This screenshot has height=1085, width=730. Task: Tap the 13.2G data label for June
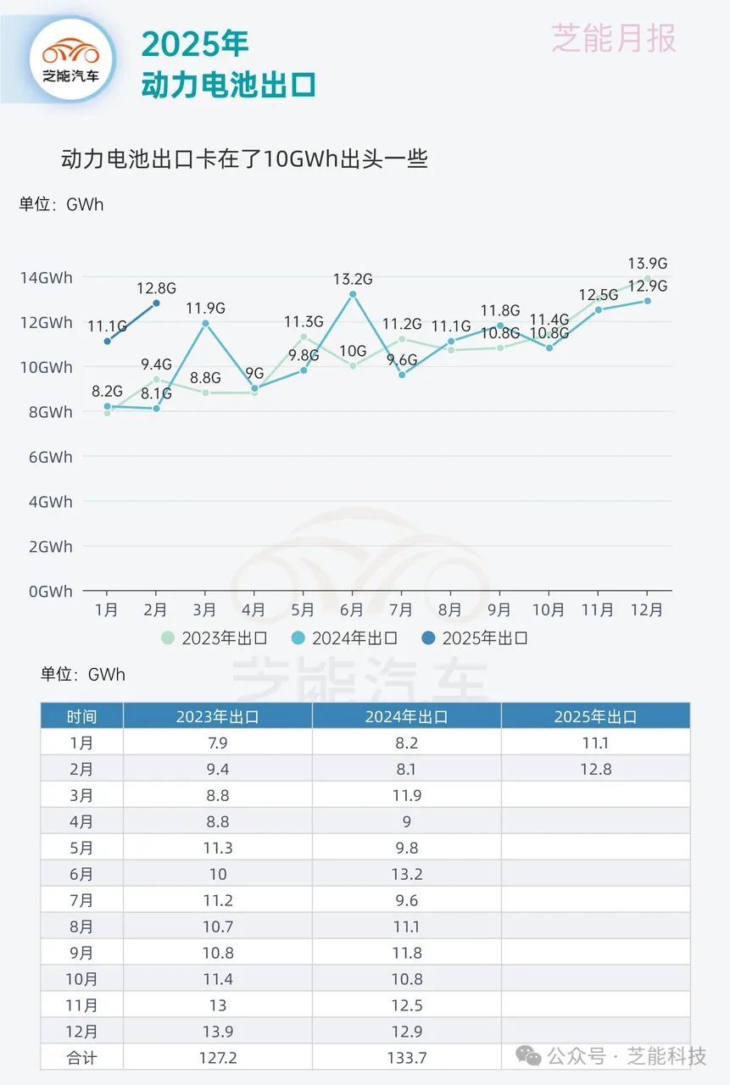click(x=353, y=279)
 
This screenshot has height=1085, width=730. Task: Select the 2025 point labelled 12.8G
click(x=156, y=303)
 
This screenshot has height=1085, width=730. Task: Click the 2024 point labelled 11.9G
click(x=205, y=323)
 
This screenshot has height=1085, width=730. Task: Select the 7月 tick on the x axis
click(x=401, y=609)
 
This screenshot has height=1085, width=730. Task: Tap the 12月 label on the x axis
click(x=647, y=609)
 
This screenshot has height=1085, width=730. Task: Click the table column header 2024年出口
click(x=406, y=716)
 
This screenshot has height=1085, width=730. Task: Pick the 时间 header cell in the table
click(x=82, y=716)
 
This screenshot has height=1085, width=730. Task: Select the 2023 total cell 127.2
click(x=218, y=1057)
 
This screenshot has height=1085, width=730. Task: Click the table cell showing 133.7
click(x=406, y=1057)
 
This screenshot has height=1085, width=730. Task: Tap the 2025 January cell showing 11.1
click(x=595, y=743)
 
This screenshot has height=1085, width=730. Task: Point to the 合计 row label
click(x=82, y=1057)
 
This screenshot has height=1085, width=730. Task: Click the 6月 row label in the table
click(x=82, y=874)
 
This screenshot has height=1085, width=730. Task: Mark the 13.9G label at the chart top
click(x=647, y=264)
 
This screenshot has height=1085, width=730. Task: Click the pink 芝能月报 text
click(x=614, y=38)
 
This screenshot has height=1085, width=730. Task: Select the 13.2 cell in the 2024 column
click(x=406, y=874)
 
